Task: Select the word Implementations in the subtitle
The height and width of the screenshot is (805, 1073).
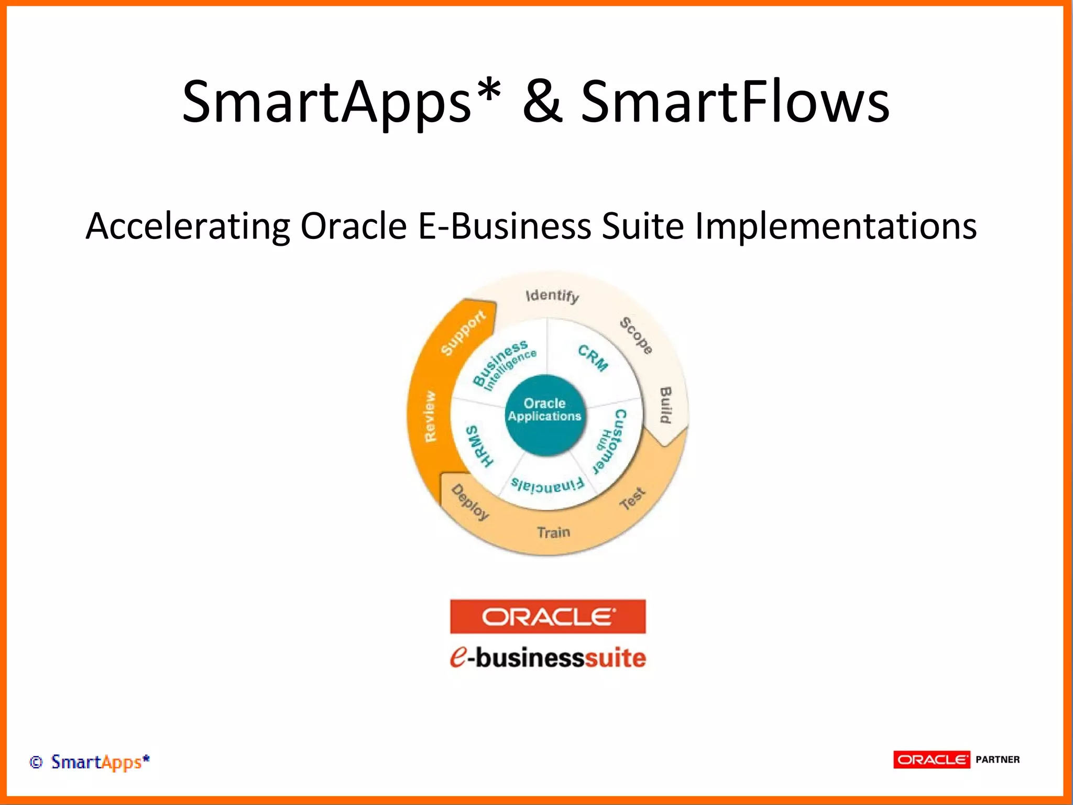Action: click(835, 226)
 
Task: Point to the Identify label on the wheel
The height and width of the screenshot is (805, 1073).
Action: click(552, 296)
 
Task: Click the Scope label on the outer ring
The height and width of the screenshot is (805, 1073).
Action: click(636, 336)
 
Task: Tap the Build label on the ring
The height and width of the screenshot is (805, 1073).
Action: click(665, 405)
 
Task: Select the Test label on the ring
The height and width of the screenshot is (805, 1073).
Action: click(632, 498)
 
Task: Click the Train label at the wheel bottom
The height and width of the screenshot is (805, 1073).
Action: click(553, 532)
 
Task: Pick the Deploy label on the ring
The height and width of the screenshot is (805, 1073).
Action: click(470, 502)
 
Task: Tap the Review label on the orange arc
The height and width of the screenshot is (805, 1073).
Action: click(430, 417)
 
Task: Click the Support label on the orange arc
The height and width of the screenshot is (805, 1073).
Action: click(463, 332)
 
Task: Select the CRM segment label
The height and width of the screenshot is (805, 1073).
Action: click(593, 358)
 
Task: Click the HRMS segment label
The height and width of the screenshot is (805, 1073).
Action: click(479, 445)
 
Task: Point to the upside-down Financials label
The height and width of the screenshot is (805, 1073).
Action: click(547, 486)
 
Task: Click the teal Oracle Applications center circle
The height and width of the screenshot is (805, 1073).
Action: click(545, 414)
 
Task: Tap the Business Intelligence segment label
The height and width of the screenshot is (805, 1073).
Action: click(503, 364)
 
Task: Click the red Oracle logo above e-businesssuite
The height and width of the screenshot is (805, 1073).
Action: click(548, 616)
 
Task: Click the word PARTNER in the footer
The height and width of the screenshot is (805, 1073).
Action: click(997, 759)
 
